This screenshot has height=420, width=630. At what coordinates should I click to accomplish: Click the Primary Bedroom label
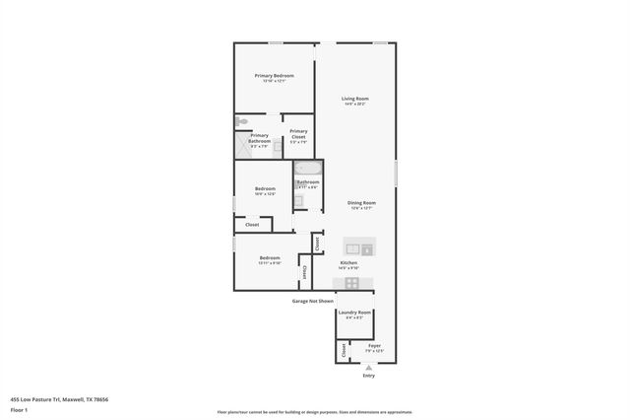click(275, 76)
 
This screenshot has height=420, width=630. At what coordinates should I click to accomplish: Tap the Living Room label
click(354, 99)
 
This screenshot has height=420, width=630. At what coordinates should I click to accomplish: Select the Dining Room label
click(361, 203)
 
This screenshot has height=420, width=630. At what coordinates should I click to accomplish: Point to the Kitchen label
click(348, 262)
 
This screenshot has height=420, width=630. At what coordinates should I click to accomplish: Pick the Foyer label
click(374, 345)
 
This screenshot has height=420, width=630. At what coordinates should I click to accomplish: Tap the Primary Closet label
click(298, 131)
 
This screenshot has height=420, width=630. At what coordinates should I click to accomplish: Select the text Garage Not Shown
click(312, 301)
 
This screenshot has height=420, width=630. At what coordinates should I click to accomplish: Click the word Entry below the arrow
click(368, 376)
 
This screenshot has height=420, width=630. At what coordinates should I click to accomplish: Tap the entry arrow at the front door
click(368, 367)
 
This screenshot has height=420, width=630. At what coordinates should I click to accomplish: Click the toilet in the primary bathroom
click(241, 121)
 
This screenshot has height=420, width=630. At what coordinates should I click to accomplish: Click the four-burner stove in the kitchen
click(351, 283)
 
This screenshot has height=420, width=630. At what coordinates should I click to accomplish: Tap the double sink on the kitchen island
click(358, 246)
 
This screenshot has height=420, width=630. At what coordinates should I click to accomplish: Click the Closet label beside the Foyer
click(344, 349)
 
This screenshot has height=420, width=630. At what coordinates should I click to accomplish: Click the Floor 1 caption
click(19, 409)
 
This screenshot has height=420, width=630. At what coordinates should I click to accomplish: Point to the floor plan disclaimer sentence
click(315, 412)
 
